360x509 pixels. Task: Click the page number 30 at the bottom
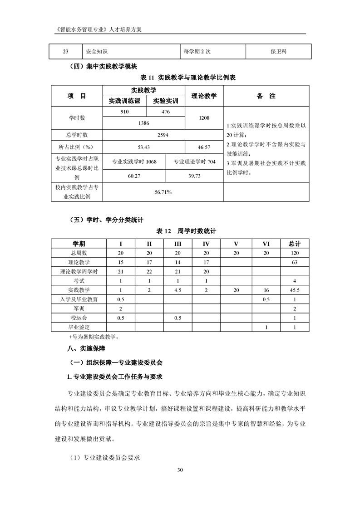(180, 469)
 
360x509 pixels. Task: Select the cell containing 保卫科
(278, 51)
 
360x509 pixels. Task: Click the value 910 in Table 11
(124, 112)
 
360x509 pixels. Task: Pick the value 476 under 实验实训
(165, 112)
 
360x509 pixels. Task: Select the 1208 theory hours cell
(204, 117)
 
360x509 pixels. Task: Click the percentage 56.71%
(163, 192)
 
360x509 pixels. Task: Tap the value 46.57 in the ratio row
(204, 147)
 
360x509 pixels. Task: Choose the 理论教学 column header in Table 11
(204, 96)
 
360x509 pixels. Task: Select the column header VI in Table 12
(266, 244)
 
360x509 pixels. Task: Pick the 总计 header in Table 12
(295, 244)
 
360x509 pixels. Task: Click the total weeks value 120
(295, 253)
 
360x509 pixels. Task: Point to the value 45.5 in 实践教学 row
(295, 290)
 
